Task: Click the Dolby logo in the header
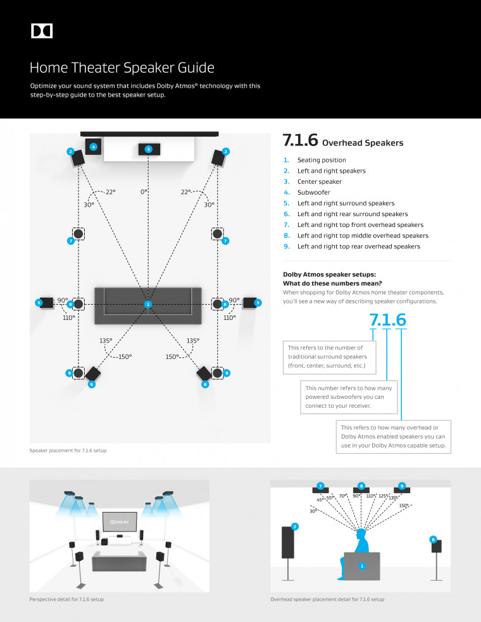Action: pyautogui.click(x=42, y=31)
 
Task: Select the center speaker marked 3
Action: pyautogui.click(x=148, y=149)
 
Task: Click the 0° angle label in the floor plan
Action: pyautogui.click(x=144, y=191)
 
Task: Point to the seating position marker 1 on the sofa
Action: pyautogui.click(x=148, y=304)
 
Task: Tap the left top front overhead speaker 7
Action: pyautogui.click(x=78, y=235)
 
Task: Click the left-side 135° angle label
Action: pyautogui.click(x=106, y=340)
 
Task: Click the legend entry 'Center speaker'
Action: pyautogui.click(x=319, y=181)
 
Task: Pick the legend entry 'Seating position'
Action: pyautogui.click(x=322, y=160)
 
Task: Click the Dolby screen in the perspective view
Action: pyautogui.click(x=120, y=521)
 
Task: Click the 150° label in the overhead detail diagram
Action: pyautogui.click(x=403, y=505)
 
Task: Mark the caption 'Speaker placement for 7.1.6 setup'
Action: pyautogui.click(x=68, y=451)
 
